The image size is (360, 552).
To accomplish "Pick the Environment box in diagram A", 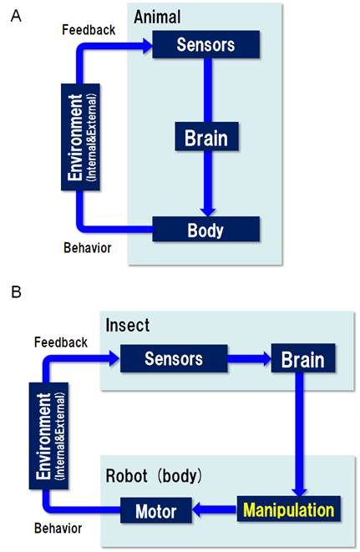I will [75, 135].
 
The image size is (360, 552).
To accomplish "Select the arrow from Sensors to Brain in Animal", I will [206, 91].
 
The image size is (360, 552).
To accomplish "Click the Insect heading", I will [128, 324].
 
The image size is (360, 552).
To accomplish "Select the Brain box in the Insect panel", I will [303, 359].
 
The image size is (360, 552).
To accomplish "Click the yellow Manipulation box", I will [288, 509].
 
